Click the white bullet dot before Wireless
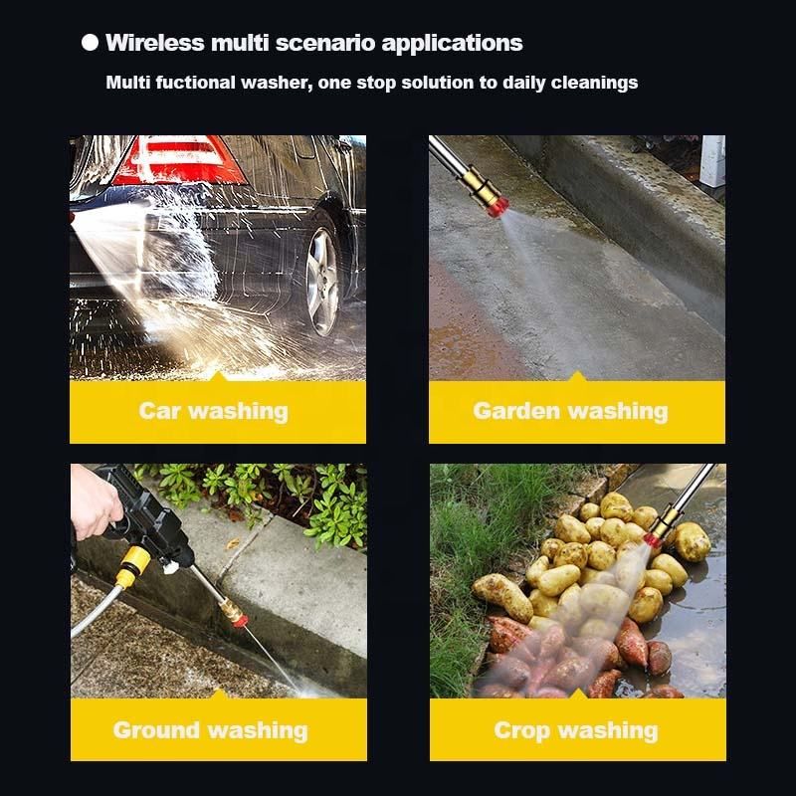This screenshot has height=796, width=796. tap(90, 43)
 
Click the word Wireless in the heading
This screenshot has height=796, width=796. tap(155, 43)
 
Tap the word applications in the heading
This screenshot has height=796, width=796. tap(452, 44)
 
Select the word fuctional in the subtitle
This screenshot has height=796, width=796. tap(195, 83)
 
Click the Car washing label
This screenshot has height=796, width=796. tap(213, 411)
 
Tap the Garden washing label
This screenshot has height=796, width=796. tap(570, 411)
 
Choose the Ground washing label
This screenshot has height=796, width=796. tap(211, 730)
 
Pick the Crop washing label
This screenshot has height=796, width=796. tap(576, 730)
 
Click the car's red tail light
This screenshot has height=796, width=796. tap(179, 160)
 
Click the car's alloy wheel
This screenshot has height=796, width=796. tap(322, 283)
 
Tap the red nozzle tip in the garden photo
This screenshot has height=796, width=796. tap(498, 206)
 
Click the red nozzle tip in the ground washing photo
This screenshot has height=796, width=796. tap(240, 620)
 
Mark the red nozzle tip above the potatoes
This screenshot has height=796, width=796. tap(652, 539)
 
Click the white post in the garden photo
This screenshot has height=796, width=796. tap(712, 160)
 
